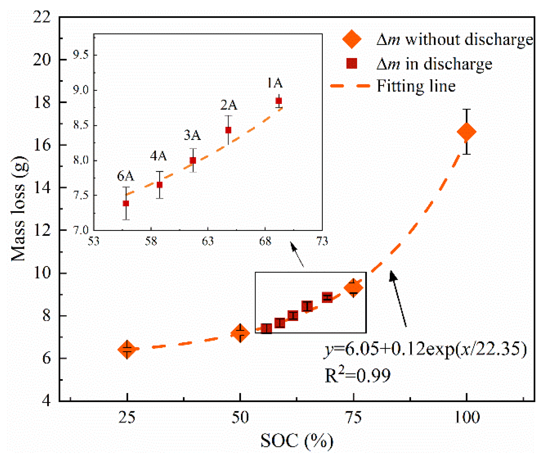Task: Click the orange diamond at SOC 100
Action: tap(466, 132)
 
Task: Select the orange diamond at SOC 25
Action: tap(127, 349)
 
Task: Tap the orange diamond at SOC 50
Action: tap(240, 333)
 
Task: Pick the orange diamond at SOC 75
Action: tap(353, 287)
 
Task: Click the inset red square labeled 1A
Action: tap(279, 101)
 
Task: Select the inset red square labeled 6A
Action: tap(126, 203)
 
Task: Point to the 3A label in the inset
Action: tap(192, 135)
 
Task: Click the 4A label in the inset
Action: tap(158, 156)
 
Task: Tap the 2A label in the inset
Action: tap(229, 105)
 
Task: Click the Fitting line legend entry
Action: tap(416, 86)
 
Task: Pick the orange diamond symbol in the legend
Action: tap(352, 39)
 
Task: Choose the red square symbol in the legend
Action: tap(352, 63)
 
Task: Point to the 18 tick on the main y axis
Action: tap(42, 102)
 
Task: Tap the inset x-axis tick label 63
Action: tap(208, 241)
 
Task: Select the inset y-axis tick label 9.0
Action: tap(81, 90)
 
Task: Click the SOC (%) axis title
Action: tap(296, 441)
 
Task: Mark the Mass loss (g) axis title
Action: tap(19, 209)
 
